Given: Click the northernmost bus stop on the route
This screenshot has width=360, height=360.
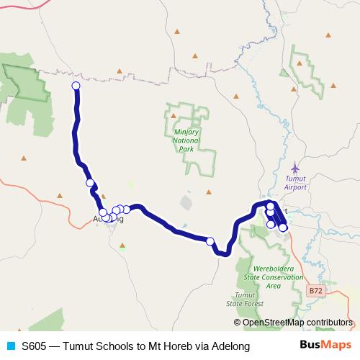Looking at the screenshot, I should pyautogui.click(x=76, y=86).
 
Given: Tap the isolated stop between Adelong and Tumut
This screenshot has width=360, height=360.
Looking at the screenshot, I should pyautogui.click(x=210, y=241).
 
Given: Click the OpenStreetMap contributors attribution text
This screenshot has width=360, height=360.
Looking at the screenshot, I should pyautogui.click(x=297, y=322).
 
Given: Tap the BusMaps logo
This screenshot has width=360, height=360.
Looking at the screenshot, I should pyautogui.click(x=324, y=346).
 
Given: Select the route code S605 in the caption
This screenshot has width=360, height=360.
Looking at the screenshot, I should pyautogui.click(x=36, y=346).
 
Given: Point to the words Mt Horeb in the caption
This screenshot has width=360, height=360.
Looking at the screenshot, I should pyautogui.click(x=169, y=346).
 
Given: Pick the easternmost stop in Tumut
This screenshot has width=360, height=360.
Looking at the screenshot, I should pyautogui.click(x=283, y=228).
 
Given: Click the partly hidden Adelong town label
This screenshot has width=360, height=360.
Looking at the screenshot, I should pyautogui.click(x=108, y=220).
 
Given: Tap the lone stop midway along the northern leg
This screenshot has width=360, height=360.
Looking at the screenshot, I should pyautogui.click(x=90, y=183).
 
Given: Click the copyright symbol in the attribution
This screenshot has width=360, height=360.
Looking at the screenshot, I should pyautogui.click(x=238, y=323).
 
